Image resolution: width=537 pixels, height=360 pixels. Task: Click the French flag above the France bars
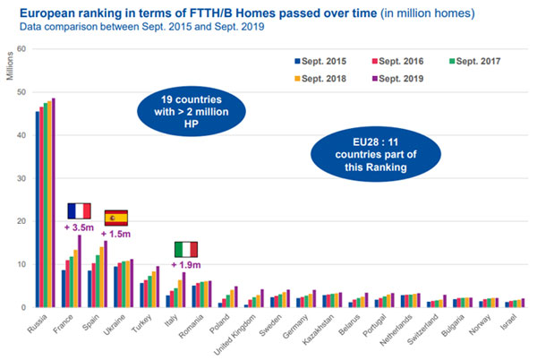click(x=80, y=211)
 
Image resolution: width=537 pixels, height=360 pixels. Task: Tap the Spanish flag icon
click(x=116, y=218)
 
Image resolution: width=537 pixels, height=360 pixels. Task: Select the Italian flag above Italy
click(x=185, y=249)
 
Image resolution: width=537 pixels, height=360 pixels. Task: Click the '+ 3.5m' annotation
click(x=80, y=228)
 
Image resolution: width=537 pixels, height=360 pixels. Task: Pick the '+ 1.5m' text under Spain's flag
click(x=117, y=235)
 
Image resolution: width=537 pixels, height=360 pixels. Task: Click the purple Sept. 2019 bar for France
click(x=81, y=271)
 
